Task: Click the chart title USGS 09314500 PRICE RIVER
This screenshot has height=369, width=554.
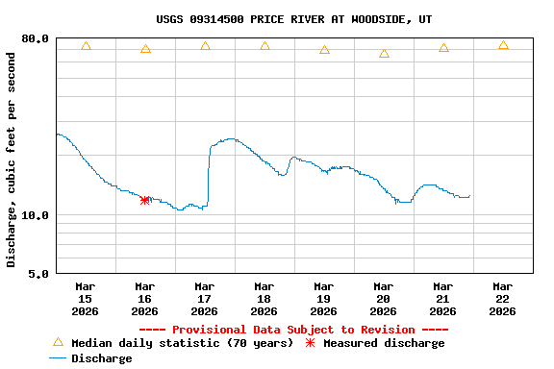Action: click(x=293, y=18)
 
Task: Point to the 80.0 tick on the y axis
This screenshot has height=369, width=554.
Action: click(x=36, y=38)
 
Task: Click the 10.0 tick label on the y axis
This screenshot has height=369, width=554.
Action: click(x=36, y=215)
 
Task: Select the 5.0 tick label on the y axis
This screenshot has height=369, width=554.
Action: click(x=38, y=274)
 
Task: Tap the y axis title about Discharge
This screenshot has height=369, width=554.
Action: click(x=12, y=160)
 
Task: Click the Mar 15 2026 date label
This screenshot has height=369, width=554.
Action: click(x=85, y=298)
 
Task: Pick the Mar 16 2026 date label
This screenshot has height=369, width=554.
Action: click(x=144, y=298)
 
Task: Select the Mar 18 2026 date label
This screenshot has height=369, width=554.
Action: click(x=264, y=298)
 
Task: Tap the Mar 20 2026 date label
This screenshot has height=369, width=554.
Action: click(x=383, y=298)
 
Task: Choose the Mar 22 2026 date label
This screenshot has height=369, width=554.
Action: click(x=502, y=298)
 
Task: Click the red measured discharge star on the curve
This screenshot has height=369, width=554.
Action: click(x=144, y=200)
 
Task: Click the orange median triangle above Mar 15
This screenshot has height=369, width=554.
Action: click(x=86, y=46)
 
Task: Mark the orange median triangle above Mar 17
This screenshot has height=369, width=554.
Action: click(x=205, y=46)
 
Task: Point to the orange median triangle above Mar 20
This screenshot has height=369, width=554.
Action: click(x=384, y=54)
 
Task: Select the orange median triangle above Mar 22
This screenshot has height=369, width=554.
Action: click(x=503, y=45)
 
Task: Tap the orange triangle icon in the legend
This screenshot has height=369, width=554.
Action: click(x=58, y=342)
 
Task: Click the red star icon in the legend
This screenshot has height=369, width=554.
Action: click(x=310, y=343)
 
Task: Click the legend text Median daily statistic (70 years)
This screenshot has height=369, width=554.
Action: click(x=182, y=343)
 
